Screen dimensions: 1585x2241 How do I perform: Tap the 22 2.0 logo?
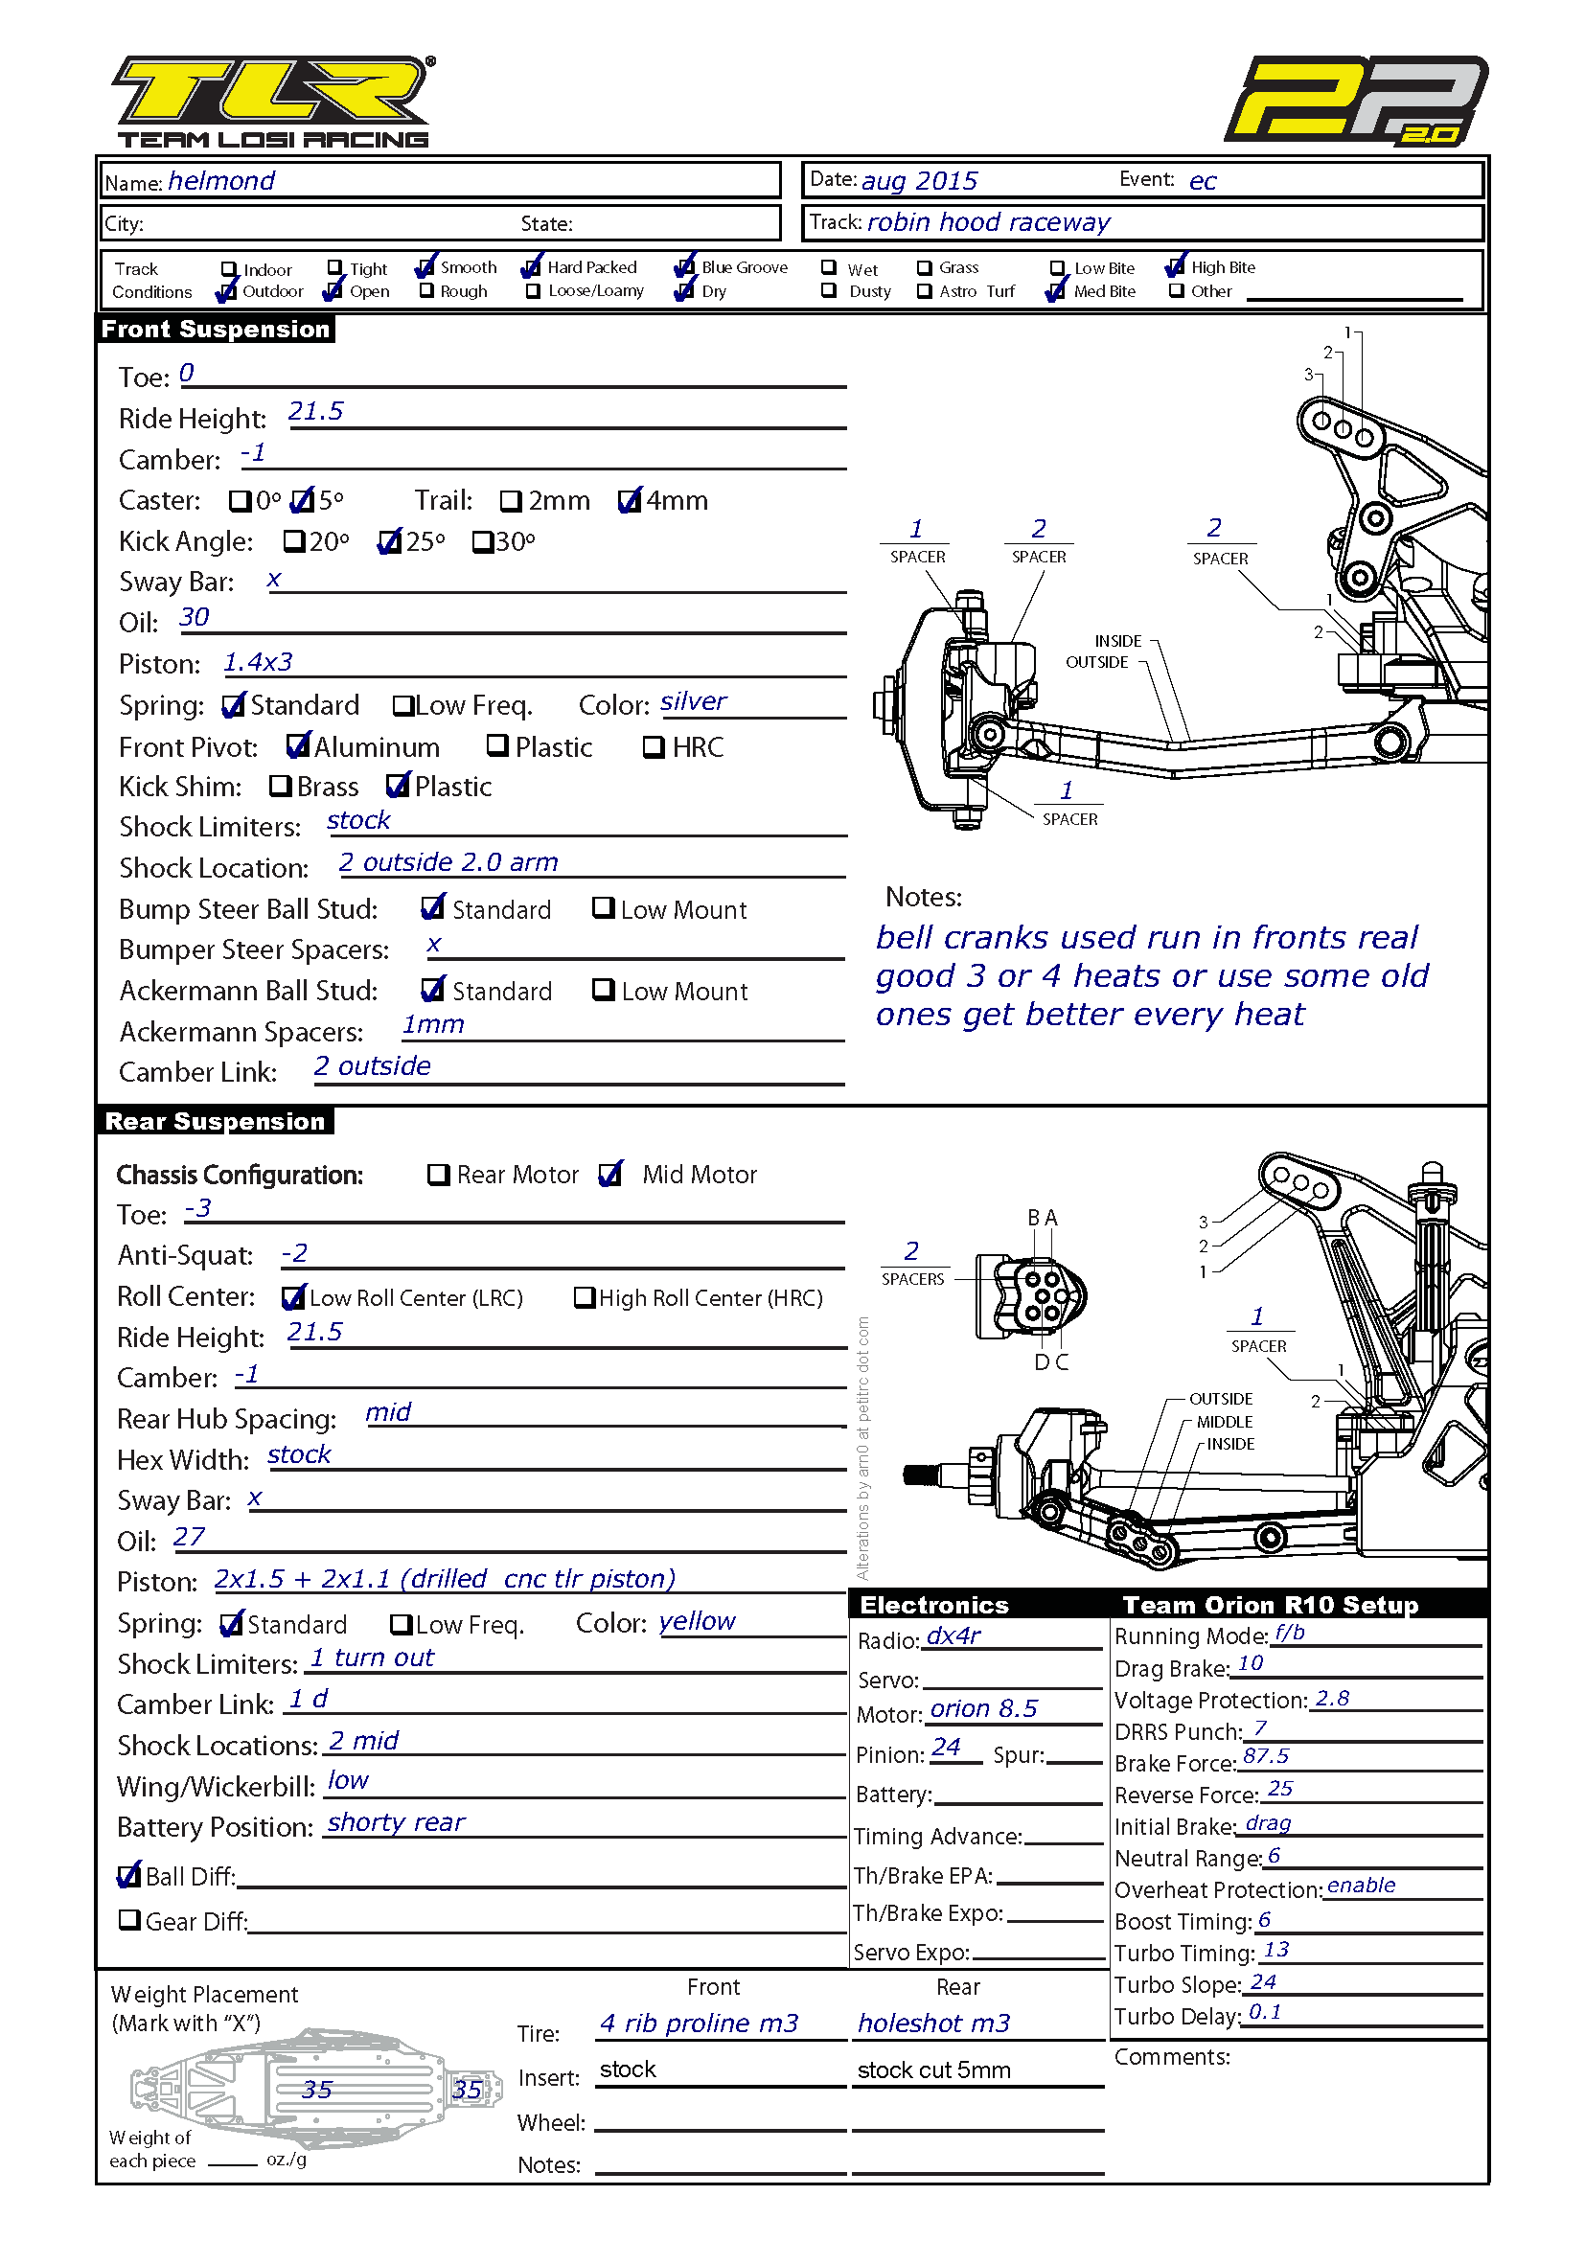(x=1356, y=101)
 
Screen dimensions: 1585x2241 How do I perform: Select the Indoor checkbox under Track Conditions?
(x=229, y=268)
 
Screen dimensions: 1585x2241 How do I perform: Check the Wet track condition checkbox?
(x=829, y=266)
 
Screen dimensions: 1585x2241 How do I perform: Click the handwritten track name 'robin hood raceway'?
(x=988, y=222)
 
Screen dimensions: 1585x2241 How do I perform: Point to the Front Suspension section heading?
(x=216, y=329)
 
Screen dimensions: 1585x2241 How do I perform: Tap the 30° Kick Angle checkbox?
(x=482, y=541)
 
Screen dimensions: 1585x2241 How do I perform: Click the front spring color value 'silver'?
(x=693, y=701)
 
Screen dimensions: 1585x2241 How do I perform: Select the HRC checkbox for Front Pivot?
(x=654, y=746)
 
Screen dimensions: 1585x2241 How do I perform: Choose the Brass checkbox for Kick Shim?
(x=280, y=786)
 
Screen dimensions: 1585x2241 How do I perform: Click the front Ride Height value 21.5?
(x=315, y=411)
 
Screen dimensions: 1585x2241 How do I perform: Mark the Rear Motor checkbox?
(x=438, y=1175)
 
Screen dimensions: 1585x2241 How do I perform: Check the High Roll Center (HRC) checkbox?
(x=585, y=1297)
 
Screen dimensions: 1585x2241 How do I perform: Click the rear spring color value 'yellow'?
(x=697, y=1621)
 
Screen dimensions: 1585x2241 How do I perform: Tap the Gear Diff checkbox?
(x=128, y=1920)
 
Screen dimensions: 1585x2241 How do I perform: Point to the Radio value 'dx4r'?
(x=953, y=1635)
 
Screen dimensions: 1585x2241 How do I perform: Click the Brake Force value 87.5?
(x=1266, y=1756)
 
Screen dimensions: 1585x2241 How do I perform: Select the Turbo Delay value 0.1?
(x=1265, y=2012)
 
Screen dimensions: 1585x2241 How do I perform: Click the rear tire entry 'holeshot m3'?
(x=934, y=2024)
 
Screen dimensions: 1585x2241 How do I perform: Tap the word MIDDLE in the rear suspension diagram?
(x=1225, y=1422)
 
